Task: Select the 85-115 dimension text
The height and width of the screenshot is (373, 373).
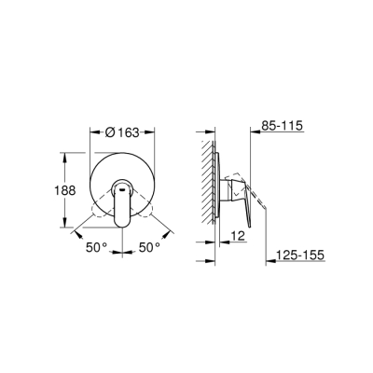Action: (283, 124)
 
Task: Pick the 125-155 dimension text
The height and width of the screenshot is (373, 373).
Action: (297, 253)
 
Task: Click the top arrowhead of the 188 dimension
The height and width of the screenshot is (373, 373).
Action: (66, 151)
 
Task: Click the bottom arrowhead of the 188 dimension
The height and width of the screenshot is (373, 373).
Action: (66, 227)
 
